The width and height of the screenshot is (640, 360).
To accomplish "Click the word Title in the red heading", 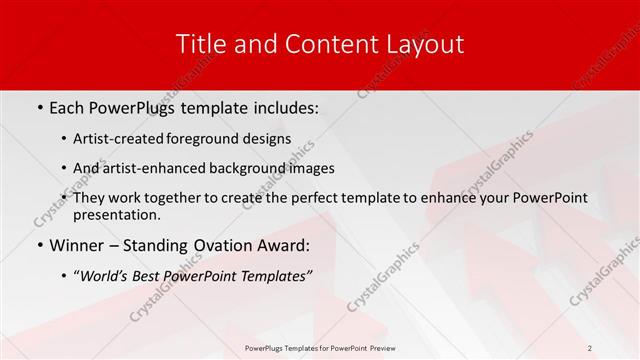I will [200, 44].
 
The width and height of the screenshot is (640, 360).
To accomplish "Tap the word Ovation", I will [225, 246].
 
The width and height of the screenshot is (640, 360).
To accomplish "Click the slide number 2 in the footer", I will [590, 347].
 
